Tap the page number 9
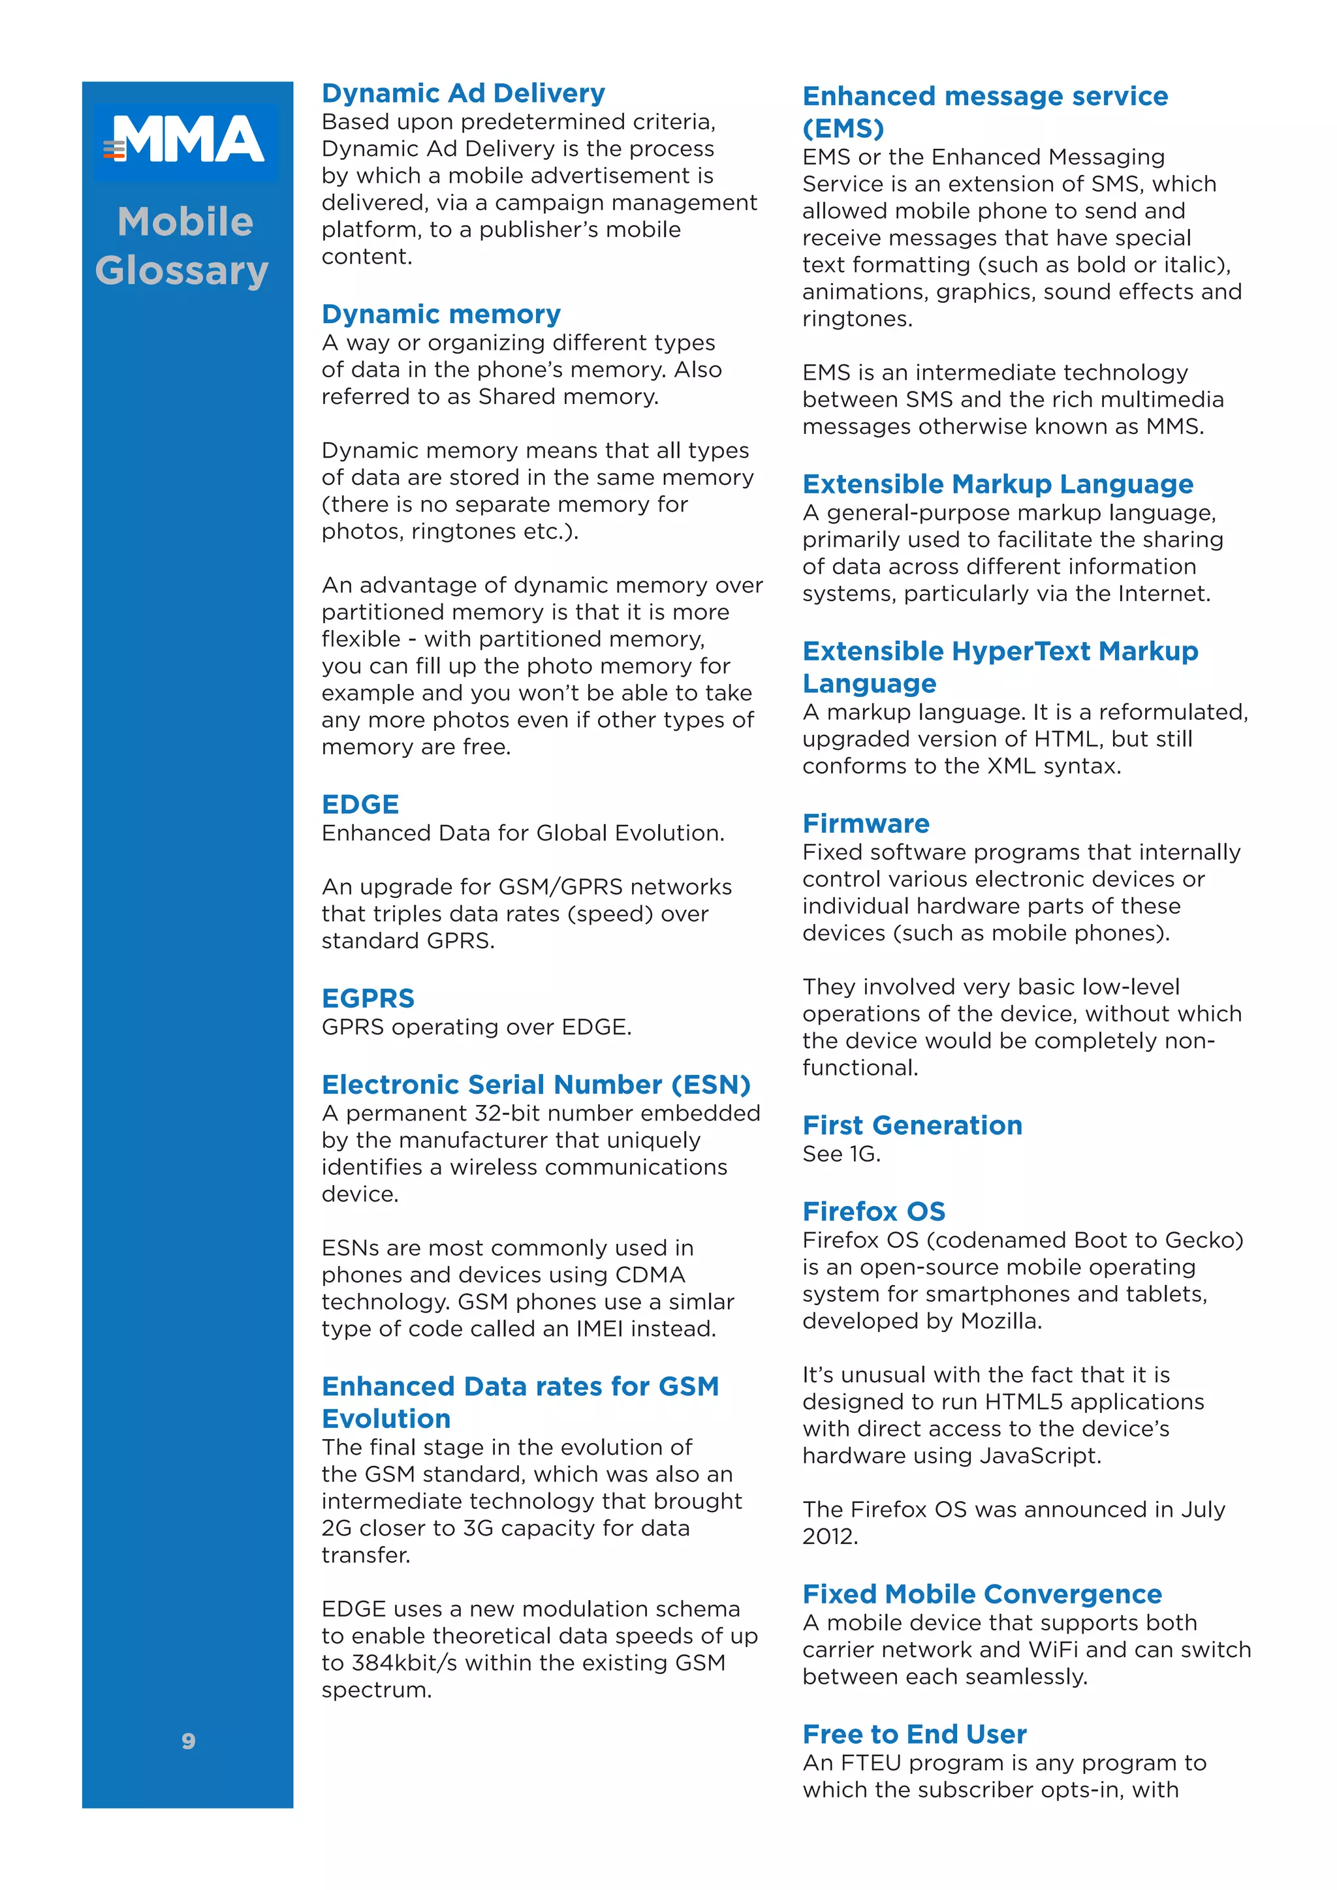pos(189,1741)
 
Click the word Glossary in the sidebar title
pos(182,271)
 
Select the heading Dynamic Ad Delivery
pos(463,93)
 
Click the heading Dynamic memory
pos(441,314)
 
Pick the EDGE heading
pos(360,804)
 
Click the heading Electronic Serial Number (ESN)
pos(535,1084)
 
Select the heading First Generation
pos(911,1124)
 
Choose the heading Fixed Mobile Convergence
pos(981,1594)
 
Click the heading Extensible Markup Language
pos(997,484)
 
